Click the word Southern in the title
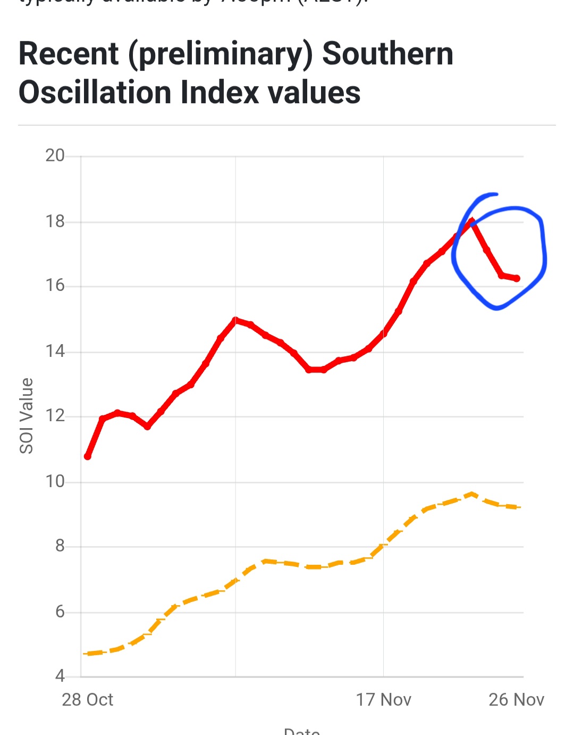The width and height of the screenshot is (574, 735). (387, 54)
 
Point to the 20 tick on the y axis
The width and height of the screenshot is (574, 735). (55, 155)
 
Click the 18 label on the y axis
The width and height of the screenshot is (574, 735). (55, 221)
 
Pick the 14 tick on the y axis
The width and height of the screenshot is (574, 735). (55, 351)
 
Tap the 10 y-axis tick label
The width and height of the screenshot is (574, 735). (55, 481)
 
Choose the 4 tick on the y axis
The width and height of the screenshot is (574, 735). (60, 676)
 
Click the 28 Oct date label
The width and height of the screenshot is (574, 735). (87, 699)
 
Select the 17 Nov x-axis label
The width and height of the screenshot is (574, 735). (383, 699)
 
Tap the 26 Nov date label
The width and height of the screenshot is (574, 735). (516, 699)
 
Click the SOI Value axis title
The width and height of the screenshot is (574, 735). (27, 416)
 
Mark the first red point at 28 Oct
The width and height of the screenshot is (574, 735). (88, 456)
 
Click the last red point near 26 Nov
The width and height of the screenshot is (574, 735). (517, 278)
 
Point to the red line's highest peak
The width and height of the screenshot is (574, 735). (471, 222)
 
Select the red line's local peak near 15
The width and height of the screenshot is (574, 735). (235, 320)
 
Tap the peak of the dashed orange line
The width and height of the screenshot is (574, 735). (471, 494)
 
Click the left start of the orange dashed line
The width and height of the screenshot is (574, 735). (85, 654)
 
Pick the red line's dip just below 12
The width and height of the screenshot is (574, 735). (148, 427)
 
